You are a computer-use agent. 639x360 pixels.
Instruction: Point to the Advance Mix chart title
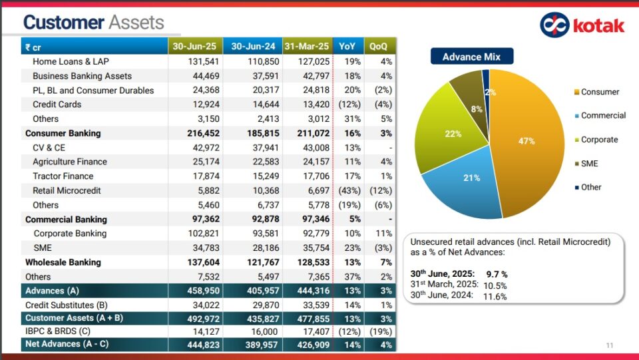(471, 57)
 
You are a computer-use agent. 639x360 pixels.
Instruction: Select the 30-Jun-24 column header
(253, 47)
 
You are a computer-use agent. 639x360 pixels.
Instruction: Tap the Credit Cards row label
(57, 104)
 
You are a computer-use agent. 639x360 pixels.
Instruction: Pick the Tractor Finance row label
(63, 176)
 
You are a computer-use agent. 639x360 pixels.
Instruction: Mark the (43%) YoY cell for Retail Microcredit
(349, 191)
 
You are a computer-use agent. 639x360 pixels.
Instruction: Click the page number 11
(610, 345)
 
